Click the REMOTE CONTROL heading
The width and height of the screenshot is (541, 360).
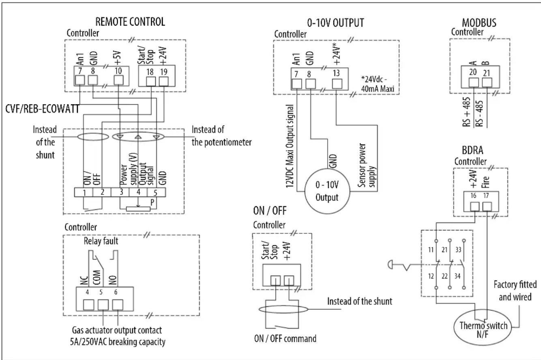coord(130,22)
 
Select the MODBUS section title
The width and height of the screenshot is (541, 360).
coord(479,23)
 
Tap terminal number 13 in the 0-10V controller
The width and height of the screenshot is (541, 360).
coord(336,73)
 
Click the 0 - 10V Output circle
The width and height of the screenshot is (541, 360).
coord(327,191)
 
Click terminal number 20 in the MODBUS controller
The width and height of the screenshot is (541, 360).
coord(473,72)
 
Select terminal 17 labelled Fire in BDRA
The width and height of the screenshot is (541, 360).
coord(486,196)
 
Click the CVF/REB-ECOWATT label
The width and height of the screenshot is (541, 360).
coord(42,109)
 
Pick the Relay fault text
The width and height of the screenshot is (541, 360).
coord(101,241)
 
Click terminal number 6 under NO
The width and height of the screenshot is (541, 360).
coord(116,292)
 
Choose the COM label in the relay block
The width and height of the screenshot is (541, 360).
coord(97,278)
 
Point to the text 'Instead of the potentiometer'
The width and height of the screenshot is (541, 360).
coord(221,136)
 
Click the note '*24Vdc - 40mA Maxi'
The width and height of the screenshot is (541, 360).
coord(378,84)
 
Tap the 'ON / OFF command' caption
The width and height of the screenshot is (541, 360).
coord(285,339)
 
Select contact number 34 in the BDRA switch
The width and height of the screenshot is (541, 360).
coord(457,276)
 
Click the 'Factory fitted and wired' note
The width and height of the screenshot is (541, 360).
coord(515,291)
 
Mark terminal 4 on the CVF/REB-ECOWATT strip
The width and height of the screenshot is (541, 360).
coord(138,192)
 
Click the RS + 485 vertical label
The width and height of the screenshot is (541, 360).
coord(467,112)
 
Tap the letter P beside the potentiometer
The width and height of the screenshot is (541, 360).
coord(152,202)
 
